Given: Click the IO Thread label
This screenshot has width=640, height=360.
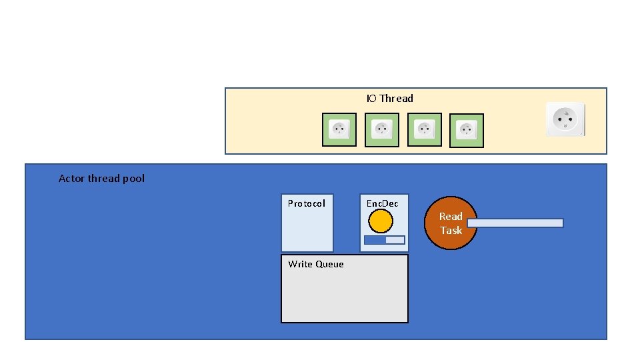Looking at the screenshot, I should point(389,99).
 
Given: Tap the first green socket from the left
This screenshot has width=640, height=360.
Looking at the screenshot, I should point(339,129).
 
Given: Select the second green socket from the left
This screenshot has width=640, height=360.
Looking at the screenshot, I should point(382,129).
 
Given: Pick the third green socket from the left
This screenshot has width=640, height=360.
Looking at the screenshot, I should point(425,129).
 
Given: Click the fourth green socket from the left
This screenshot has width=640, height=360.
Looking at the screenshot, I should point(467,130).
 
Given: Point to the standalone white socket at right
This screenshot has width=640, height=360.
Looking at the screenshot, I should point(565,119).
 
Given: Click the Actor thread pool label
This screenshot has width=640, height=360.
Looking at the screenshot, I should point(101,179).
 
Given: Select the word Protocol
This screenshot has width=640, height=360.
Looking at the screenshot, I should point(307,203).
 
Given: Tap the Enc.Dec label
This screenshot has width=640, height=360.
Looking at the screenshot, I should point(382,203).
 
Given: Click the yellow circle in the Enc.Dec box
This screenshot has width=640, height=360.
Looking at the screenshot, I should point(381,221).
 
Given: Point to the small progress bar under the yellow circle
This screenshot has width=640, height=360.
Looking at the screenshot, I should point(385,240).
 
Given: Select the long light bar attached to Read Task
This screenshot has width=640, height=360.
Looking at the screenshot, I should point(515,223).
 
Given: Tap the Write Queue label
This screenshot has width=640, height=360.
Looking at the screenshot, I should point(316,265).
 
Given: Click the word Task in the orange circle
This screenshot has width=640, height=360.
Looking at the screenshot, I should point(451,231).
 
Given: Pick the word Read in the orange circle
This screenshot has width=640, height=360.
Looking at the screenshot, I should point(451,216).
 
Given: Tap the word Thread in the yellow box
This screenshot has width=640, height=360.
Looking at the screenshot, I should point(397,99).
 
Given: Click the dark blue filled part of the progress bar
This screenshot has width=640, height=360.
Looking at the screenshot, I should point(375,240).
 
